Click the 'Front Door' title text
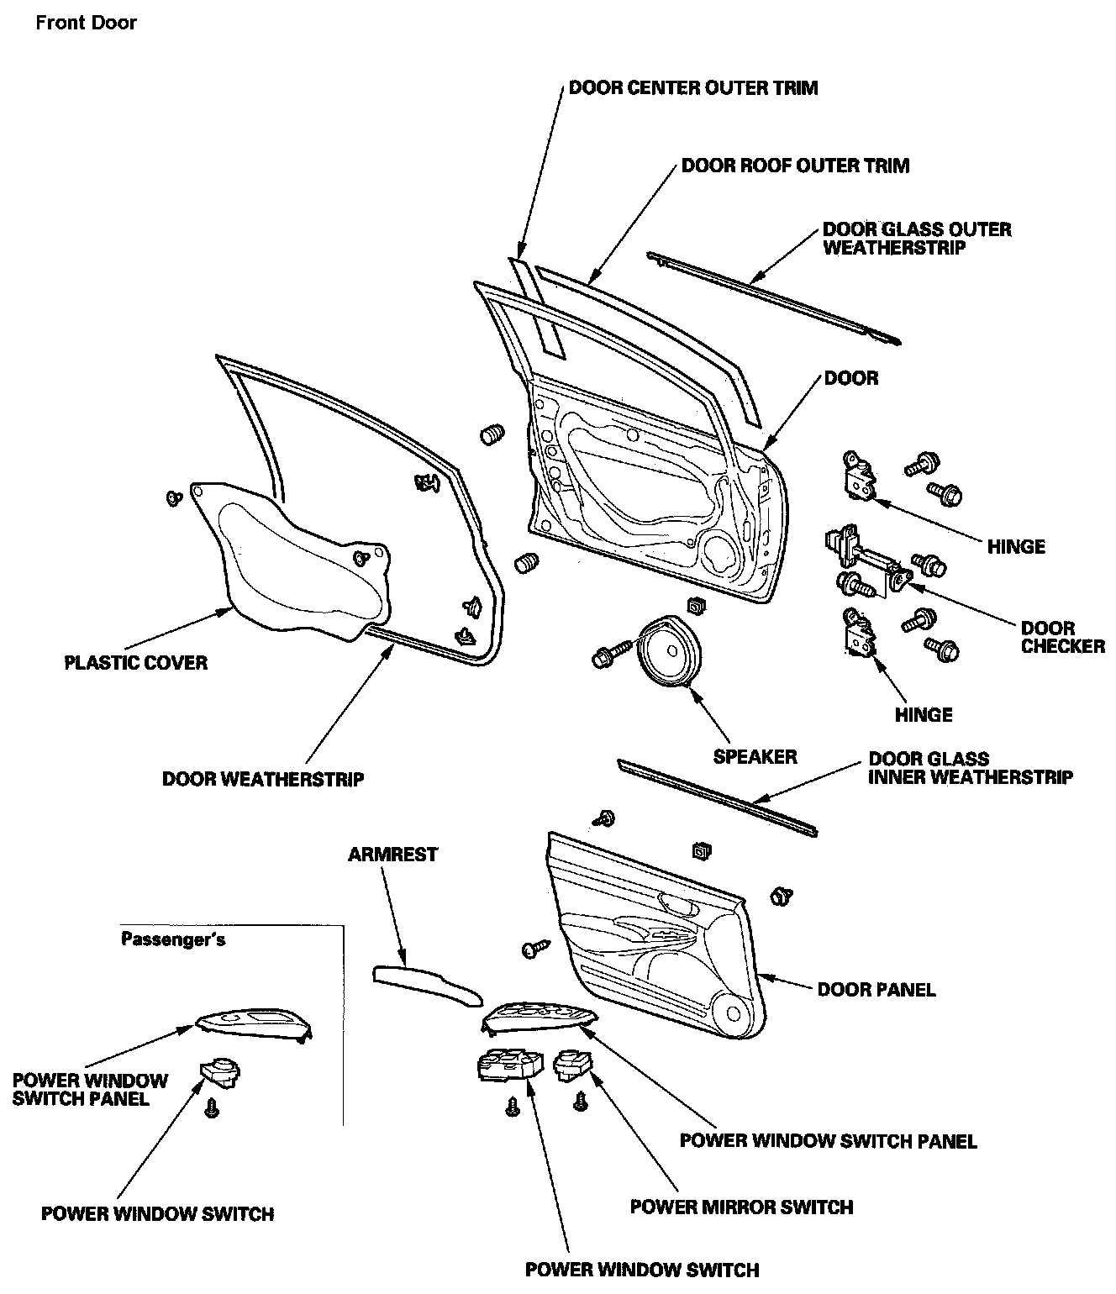point(86,23)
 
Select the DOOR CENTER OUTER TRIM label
point(692,87)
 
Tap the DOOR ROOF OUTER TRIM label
point(795,166)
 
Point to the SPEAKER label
point(755,757)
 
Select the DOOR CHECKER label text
point(1062,637)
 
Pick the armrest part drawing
point(427,984)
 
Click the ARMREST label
point(392,855)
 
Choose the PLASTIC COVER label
point(135,662)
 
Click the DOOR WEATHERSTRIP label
point(263,779)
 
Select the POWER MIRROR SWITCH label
point(741,1207)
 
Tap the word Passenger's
point(172,939)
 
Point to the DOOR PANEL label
point(876,989)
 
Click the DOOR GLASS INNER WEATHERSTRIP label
point(969,768)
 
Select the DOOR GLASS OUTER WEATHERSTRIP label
point(916,239)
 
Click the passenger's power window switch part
point(220,1071)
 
